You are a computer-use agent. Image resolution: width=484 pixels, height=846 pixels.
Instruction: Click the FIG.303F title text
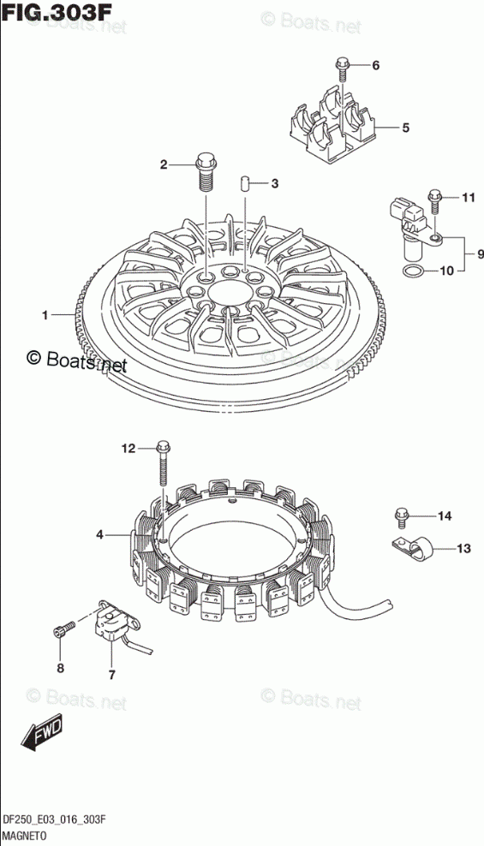56,12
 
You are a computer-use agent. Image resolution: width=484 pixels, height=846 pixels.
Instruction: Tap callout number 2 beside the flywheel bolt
164,165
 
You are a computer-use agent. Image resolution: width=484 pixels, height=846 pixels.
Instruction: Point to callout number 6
375,66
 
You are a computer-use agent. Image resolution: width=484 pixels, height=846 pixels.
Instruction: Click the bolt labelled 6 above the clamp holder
342,69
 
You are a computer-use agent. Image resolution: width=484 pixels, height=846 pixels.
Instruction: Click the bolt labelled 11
435,203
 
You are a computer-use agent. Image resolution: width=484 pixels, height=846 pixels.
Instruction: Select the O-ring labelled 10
414,271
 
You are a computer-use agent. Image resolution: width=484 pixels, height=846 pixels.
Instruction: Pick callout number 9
480,253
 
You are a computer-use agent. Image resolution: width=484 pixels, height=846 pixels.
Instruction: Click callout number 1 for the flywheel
46,314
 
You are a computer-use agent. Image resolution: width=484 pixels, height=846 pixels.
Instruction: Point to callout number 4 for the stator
99,535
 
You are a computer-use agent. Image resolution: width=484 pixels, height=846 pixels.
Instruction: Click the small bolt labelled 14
402,519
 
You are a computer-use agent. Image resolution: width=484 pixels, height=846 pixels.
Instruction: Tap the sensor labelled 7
115,620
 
